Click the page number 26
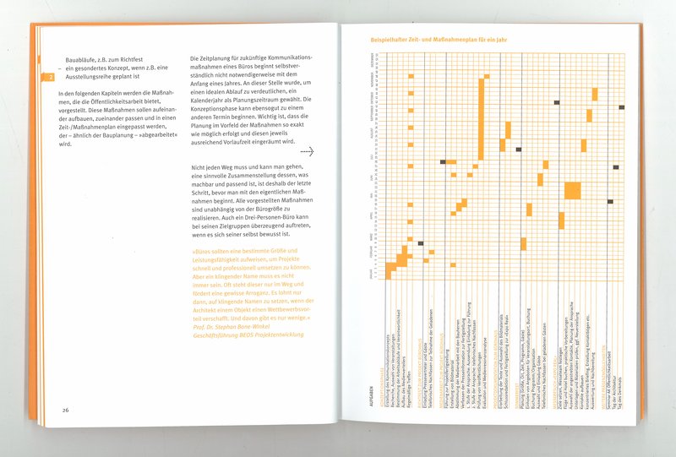[65, 411]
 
